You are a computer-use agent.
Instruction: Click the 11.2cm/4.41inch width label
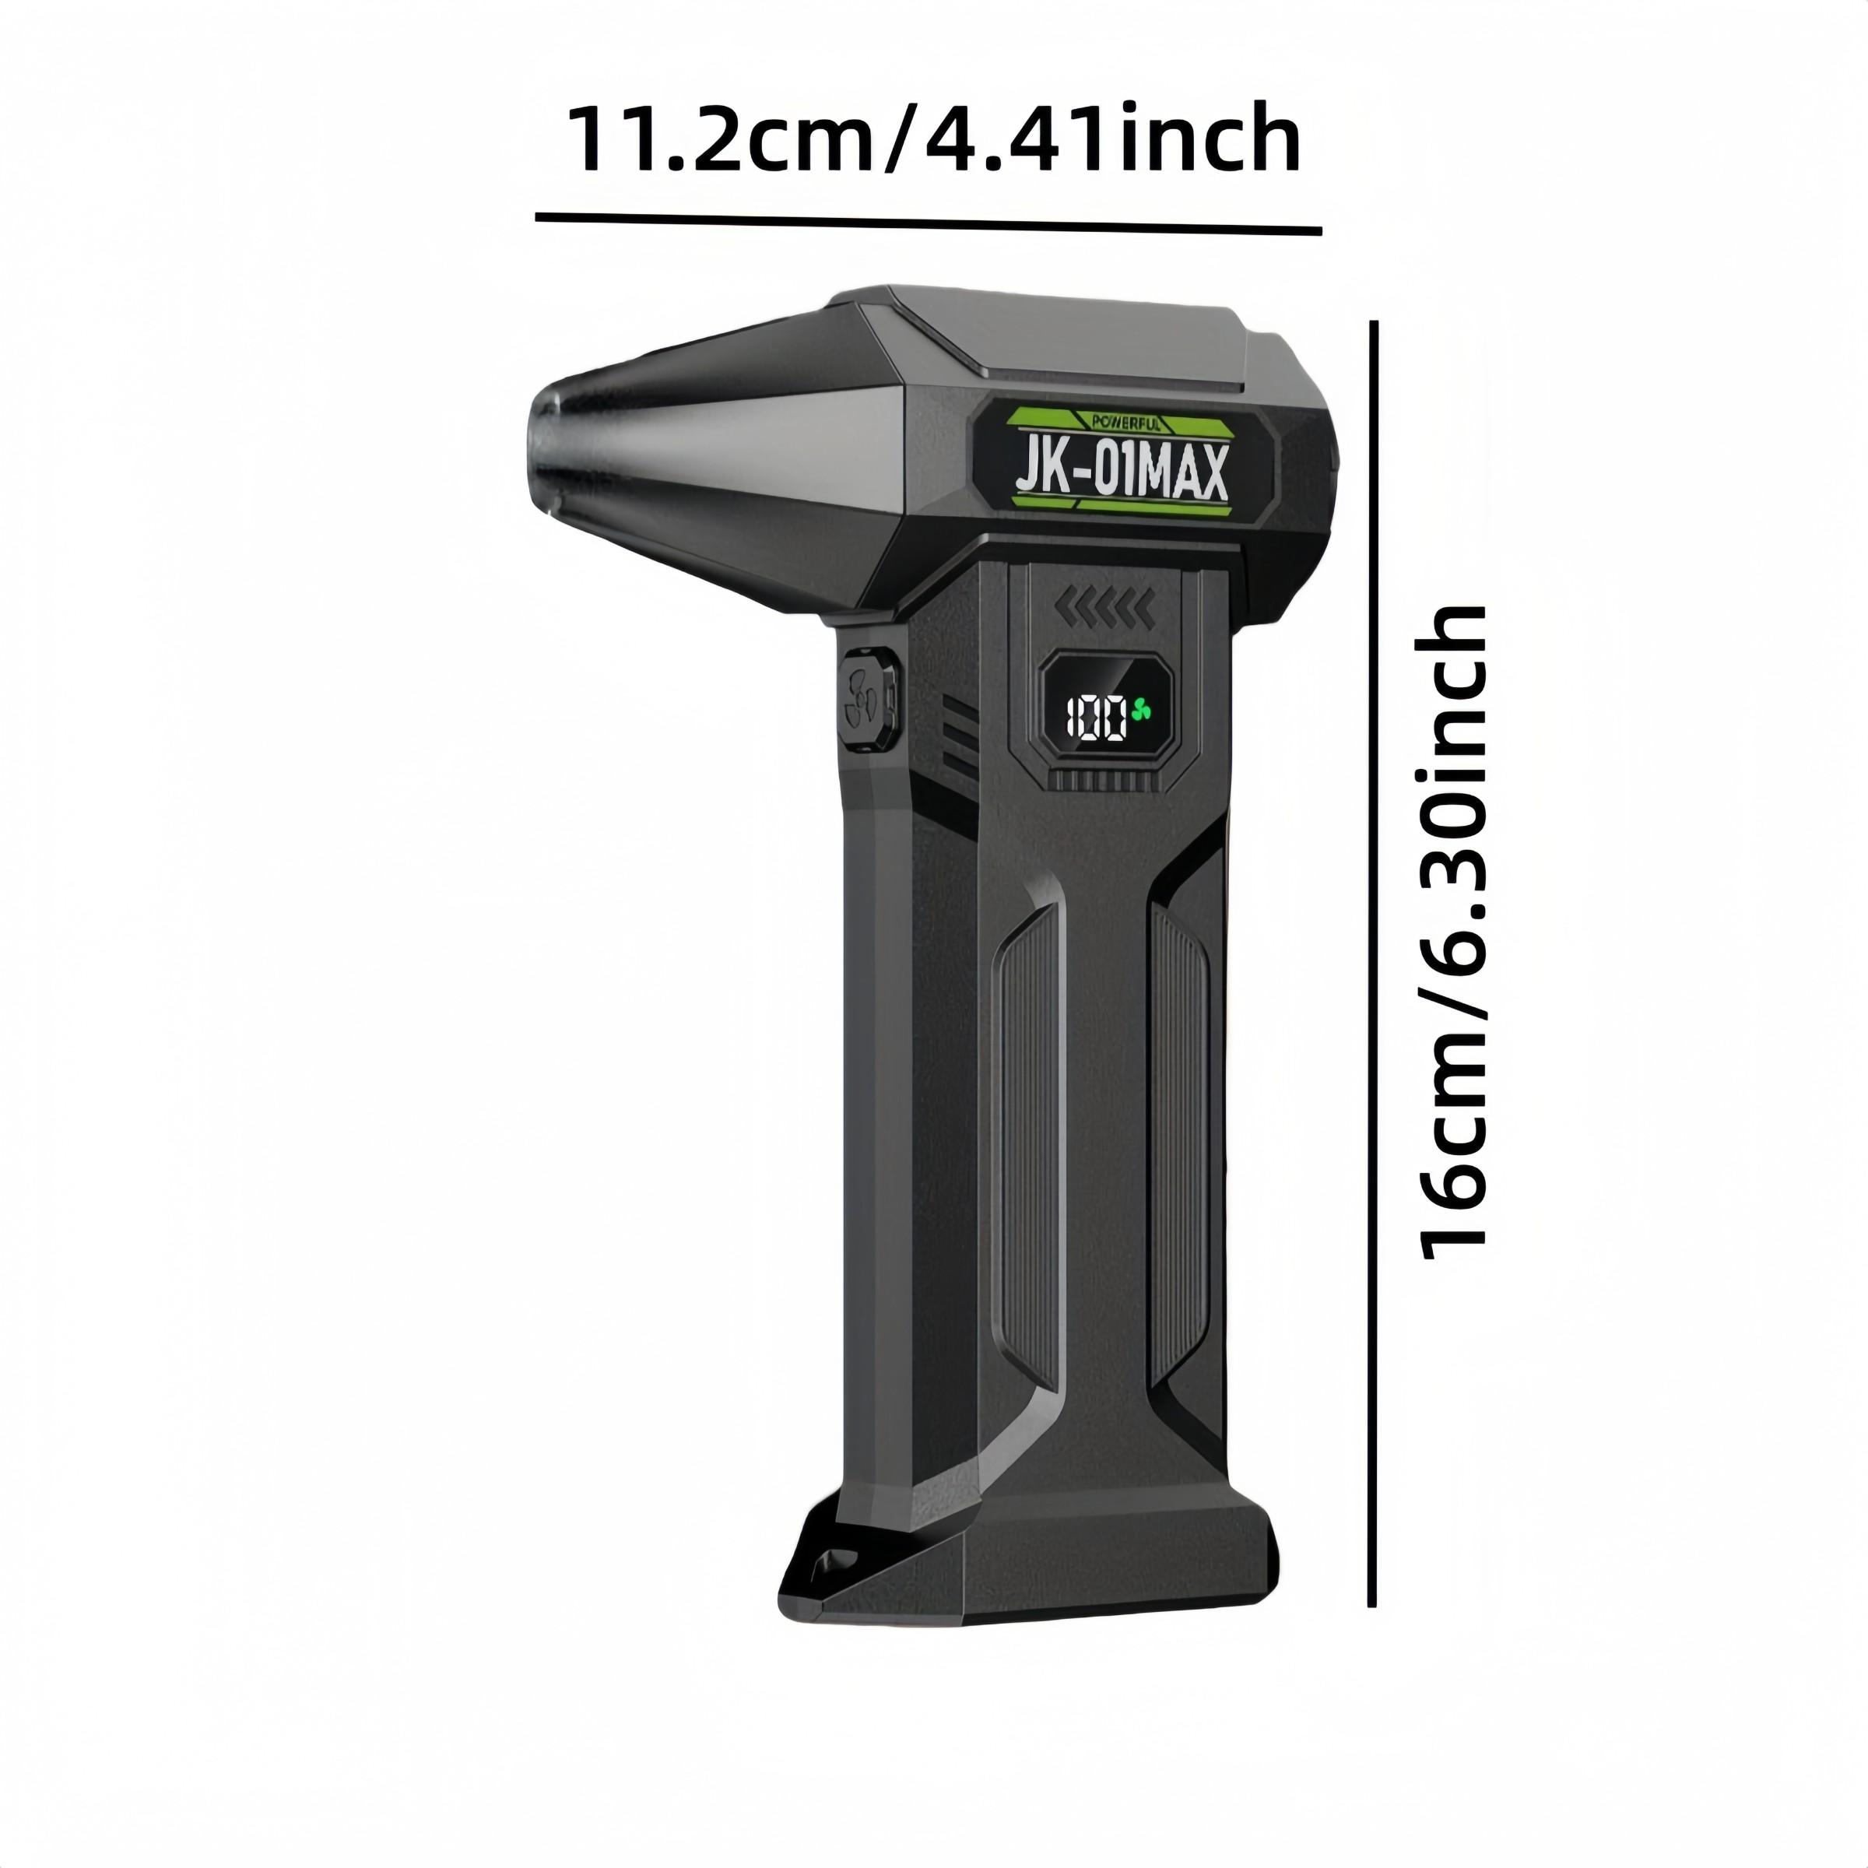click(932, 141)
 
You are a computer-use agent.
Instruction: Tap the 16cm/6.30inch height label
click(1449, 932)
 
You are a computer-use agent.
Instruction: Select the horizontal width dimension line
click(929, 223)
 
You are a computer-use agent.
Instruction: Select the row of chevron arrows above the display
click(1104, 608)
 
